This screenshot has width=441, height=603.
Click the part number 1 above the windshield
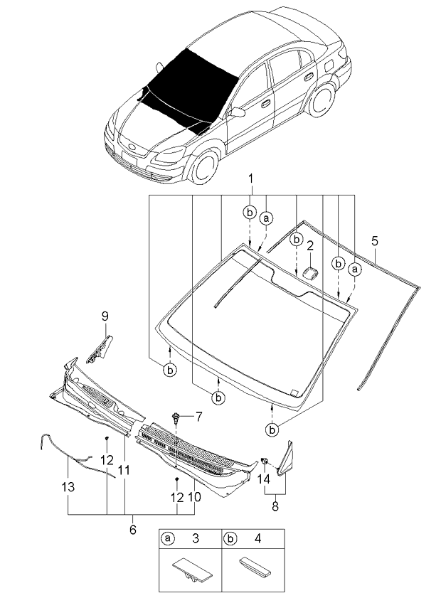point(250,177)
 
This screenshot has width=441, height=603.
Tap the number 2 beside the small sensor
point(310,247)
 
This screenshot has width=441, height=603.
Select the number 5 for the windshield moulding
point(375,241)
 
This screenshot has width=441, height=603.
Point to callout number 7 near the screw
point(199,415)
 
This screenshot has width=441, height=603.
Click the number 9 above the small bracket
point(105,316)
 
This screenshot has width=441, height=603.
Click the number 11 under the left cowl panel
point(124,469)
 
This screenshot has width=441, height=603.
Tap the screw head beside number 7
point(176,415)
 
